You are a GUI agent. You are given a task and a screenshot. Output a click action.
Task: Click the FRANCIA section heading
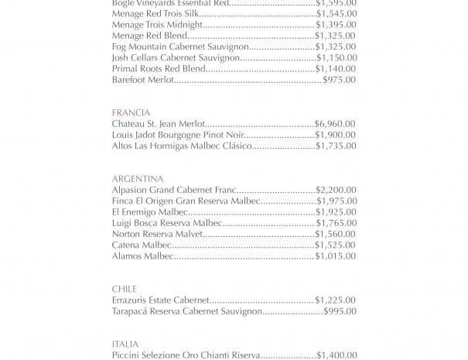click(x=131, y=112)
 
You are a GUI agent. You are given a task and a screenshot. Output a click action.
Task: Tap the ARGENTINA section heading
click(x=138, y=179)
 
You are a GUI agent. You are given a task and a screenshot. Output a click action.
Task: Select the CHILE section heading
click(x=125, y=289)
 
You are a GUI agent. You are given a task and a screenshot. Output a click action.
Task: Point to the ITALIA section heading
click(x=125, y=344)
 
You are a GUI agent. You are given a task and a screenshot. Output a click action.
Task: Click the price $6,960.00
click(x=335, y=124)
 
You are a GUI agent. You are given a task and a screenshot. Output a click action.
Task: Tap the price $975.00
click(x=339, y=80)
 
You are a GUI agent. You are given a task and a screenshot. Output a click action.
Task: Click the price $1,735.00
click(x=335, y=146)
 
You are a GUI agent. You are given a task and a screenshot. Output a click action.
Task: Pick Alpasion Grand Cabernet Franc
click(x=175, y=190)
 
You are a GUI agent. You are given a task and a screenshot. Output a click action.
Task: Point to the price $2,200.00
click(x=336, y=190)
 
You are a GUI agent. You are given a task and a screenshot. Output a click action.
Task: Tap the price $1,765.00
click(x=336, y=223)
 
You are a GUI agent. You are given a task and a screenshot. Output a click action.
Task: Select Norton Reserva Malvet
click(x=157, y=234)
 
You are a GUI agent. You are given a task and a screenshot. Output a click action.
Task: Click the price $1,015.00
click(x=335, y=255)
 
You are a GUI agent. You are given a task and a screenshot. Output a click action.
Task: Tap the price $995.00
click(x=340, y=311)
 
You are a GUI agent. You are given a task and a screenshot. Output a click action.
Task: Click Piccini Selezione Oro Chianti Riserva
click(x=186, y=355)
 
